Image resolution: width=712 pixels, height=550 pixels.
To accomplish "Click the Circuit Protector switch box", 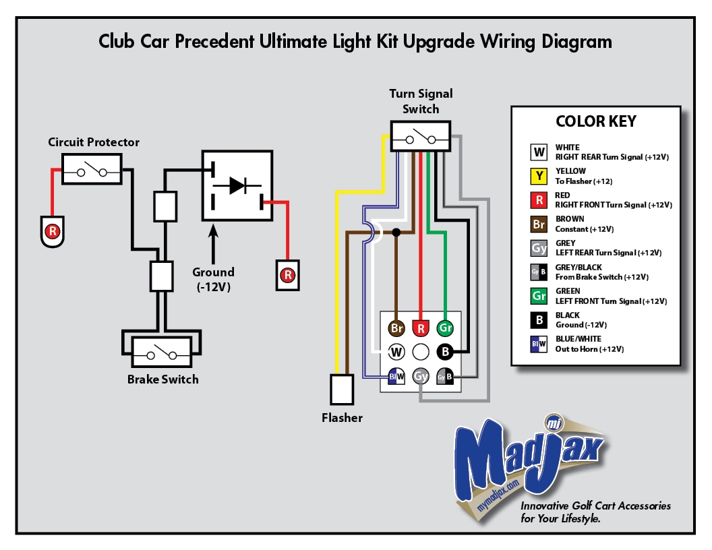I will click(x=92, y=169).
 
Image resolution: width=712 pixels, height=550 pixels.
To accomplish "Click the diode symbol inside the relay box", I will click(x=237, y=185).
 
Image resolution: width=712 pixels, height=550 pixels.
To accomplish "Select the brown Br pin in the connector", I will click(x=396, y=328).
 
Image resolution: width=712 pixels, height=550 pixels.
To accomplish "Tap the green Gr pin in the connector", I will click(x=445, y=328).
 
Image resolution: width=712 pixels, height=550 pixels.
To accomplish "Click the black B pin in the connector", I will click(x=445, y=351).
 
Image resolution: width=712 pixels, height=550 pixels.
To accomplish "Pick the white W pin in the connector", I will click(x=396, y=351).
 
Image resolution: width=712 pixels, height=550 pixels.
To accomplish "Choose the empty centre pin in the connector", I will click(x=421, y=351).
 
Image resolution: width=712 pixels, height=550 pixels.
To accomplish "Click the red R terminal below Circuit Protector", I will click(x=51, y=231).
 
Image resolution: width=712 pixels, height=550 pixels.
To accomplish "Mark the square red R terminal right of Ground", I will click(x=288, y=275).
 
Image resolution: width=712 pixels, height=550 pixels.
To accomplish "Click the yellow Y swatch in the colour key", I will click(x=539, y=176).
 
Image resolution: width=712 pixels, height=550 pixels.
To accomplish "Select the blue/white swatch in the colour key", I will click(x=539, y=344).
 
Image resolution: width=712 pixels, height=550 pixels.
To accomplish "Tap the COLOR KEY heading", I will click(x=595, y=122).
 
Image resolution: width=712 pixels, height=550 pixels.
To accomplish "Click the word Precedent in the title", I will click(x=215, y=42).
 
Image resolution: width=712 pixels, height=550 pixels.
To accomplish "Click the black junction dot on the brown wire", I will click(x=396, y=233).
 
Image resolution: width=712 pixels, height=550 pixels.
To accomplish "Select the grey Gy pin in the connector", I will click(x=421, y=375).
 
